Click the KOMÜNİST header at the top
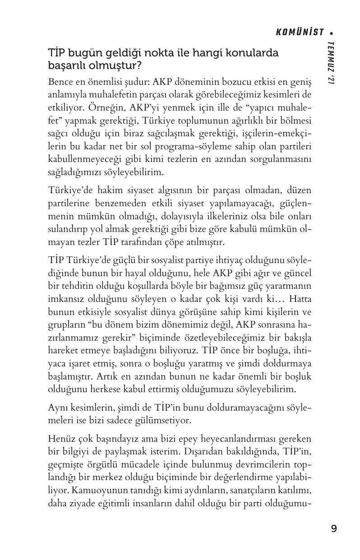pos(300,32)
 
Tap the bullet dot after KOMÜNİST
pos(332,32)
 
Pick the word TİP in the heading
pos(56,53)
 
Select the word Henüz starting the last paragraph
pos(60,439)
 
